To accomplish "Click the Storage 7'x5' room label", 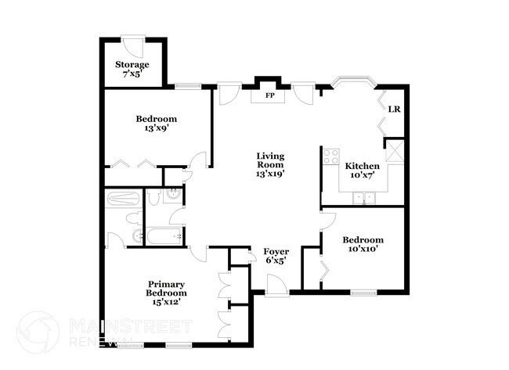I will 132,69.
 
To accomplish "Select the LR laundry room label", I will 395,109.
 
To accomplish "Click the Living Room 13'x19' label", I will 270,166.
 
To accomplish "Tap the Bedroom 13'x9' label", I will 156,124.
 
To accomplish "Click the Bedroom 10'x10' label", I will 363,244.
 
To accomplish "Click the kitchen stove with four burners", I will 330,154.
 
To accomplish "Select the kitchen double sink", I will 363,197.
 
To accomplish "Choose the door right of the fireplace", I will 303,93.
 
